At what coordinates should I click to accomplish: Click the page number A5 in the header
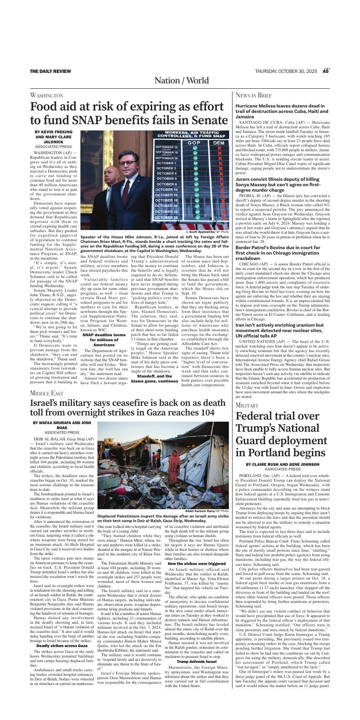point(326,71)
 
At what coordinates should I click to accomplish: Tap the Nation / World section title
point(181,80)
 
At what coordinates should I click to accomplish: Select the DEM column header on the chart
point(218,143)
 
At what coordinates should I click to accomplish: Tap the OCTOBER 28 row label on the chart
point(167,217)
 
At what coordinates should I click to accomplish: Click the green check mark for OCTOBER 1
point(195,163)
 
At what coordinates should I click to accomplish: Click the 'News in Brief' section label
point(253,95)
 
